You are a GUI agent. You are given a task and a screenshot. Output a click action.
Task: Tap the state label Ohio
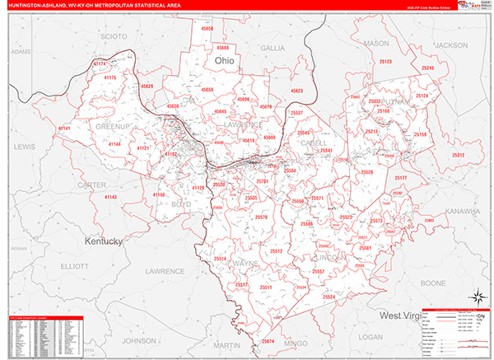224,61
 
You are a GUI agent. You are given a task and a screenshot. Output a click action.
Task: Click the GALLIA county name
273,49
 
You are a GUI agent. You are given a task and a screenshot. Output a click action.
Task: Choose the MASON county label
376,43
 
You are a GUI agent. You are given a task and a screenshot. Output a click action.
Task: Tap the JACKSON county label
450,44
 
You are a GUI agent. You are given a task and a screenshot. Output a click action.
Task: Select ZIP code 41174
100,63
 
